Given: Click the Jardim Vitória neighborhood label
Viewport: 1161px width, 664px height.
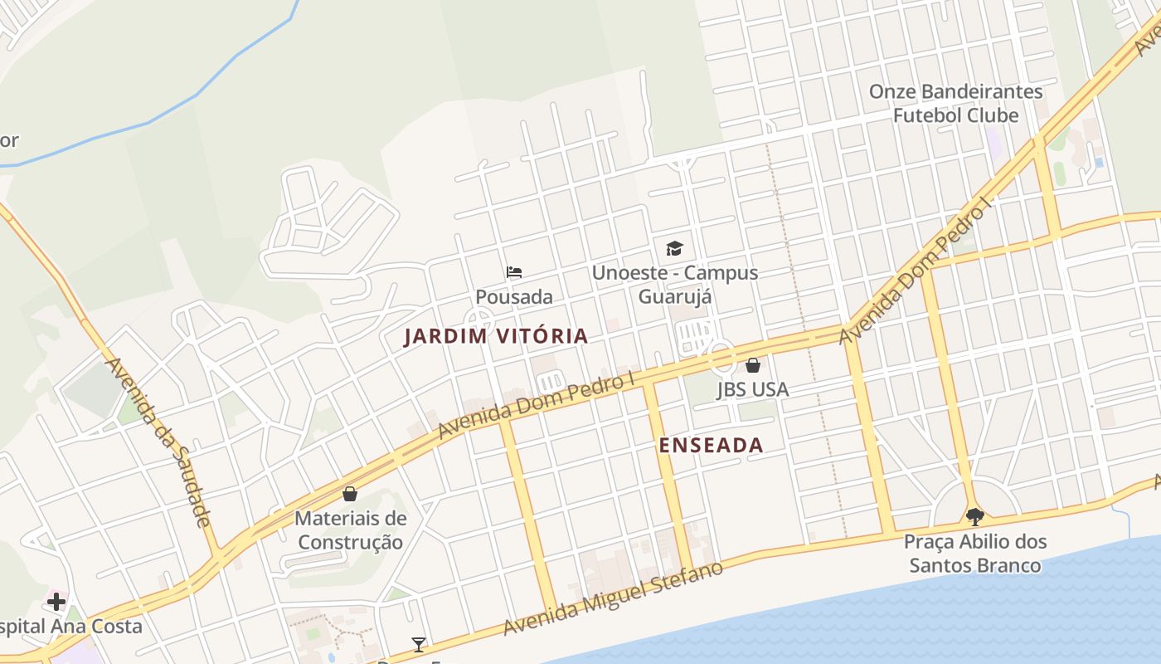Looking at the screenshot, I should click(x=496, y=336).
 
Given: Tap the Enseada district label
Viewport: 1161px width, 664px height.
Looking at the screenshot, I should click(x=711, y=445).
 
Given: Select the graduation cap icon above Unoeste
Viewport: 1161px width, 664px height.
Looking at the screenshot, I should click(x=674, y=248).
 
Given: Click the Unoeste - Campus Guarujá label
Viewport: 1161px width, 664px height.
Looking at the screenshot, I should click(x=674, y=284).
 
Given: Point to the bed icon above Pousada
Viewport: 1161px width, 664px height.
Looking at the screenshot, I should click(x=514, y=272).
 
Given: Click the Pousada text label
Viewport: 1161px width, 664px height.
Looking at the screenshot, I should click(x=514, y=296).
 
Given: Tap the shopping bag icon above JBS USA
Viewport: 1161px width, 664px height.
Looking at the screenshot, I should click(x=753, y=365).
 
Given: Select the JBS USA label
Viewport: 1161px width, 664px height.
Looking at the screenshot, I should click(x=753, y=389).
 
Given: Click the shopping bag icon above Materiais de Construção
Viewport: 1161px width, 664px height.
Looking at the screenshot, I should click(x=351, y=494).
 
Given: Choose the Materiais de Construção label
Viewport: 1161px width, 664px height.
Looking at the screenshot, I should click(x=351, y=530).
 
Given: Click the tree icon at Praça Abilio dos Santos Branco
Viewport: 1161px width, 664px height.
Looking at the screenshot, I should click(x=975, y=517).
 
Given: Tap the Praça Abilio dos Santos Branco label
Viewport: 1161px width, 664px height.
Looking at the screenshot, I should click(x=975, y=554).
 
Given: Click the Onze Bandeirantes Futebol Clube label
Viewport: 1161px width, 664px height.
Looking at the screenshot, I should click(x=955, y=103).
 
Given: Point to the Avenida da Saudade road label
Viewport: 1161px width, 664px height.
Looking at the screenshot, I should click(x=158, y=442).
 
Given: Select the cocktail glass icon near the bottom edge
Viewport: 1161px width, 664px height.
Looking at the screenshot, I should click(x=419, y=644).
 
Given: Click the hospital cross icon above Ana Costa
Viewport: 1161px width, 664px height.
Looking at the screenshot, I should click(x=56, y=601).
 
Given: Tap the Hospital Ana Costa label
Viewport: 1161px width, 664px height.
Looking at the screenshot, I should click(x=70, y=626).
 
